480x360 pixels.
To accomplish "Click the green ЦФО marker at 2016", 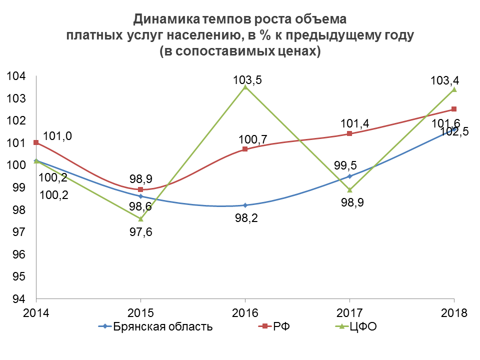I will [245, 87].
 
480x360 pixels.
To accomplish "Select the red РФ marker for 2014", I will [36, 142].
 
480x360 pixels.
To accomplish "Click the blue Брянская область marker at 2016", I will [245, 205].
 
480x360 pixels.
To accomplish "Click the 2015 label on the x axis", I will [140, 313].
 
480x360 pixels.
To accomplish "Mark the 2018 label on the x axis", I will [454, 313].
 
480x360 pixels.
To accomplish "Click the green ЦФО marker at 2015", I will [140, 218].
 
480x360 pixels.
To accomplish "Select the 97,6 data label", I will [140, 232].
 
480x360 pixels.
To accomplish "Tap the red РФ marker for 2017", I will [349, 133].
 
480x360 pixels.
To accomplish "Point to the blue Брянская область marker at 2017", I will [349, 176].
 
